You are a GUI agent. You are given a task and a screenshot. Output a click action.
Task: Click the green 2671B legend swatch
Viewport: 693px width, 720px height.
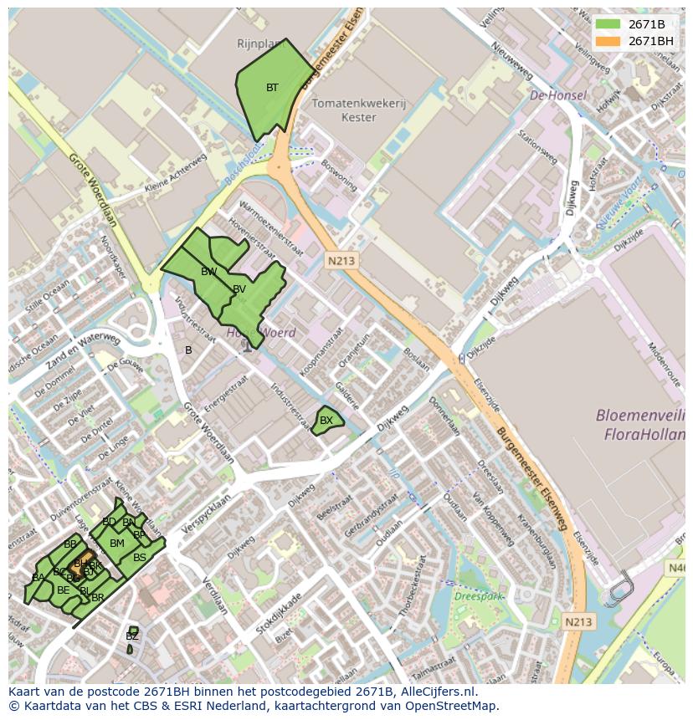click(x=608, y=24)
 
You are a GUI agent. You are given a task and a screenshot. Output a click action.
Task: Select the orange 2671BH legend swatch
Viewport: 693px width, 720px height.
click(x=608, y=41)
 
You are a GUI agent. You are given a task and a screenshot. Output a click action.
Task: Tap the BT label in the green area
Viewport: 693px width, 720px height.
click(x=272, y=88)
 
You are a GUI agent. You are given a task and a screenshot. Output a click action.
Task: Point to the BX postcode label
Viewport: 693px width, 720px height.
click(x=326, y=421)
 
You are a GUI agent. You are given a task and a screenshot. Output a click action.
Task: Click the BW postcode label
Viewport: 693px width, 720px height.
click(x=208, y=272)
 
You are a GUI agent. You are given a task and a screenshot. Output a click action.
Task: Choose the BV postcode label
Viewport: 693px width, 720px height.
click(x=239, y=289)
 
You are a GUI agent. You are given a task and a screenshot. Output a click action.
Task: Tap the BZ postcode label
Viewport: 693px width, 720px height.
click(x=131, y=636)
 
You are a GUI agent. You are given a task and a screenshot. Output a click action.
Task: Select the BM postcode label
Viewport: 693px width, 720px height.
click(x=117, y=544)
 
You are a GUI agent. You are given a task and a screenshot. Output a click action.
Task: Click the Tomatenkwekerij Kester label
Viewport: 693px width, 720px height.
click(x=358, y=110)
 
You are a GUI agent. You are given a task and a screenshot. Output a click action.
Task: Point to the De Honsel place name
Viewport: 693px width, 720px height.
click(x=557, y=96)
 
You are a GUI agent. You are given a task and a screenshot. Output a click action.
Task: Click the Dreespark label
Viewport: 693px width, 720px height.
click(x=475, y=596)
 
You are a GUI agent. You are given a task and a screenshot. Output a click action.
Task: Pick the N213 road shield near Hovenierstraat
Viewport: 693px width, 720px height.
click(x=341, y=261)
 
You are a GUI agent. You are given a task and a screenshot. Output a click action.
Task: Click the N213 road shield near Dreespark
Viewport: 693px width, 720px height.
click(x=578, y=621)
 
